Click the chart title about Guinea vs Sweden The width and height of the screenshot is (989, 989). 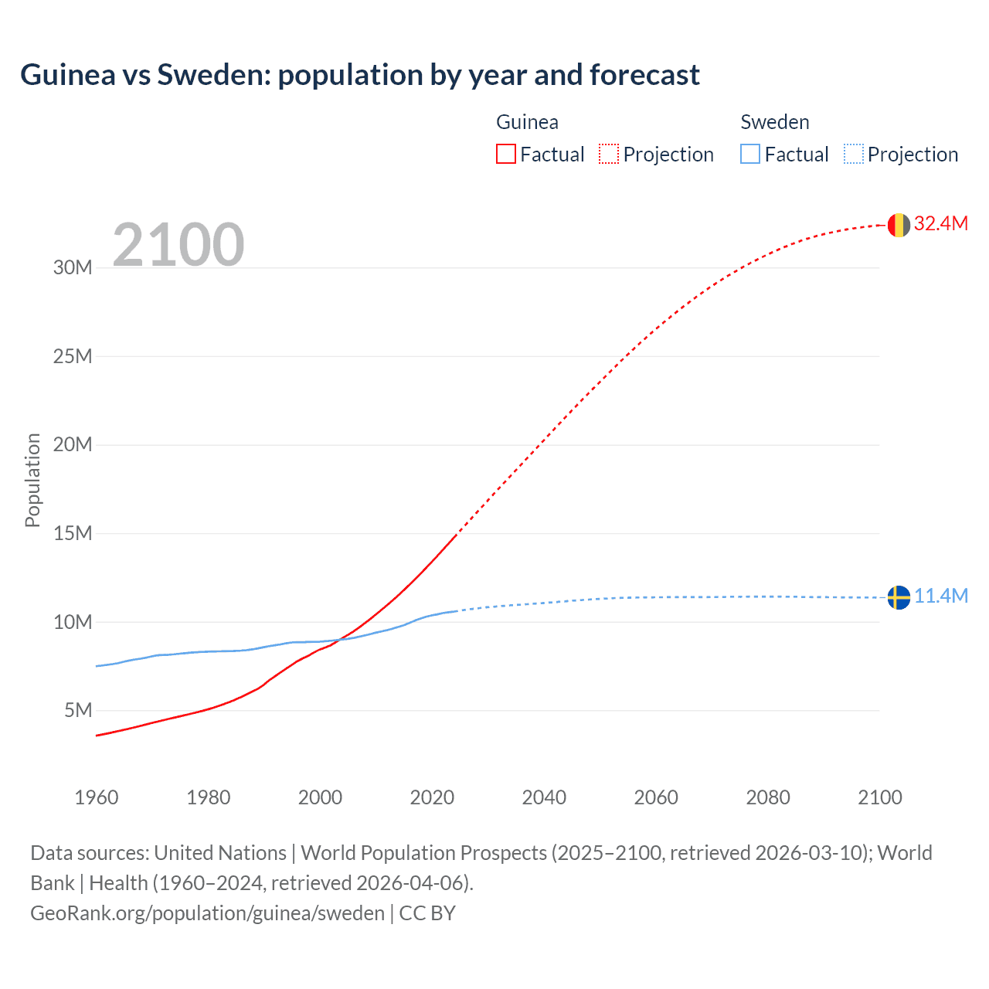[x=360, y=75]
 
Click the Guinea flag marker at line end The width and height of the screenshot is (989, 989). [x=899, y=225]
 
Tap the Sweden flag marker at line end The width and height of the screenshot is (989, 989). [x=899, y=597]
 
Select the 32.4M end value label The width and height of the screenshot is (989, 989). [x=940, y=223]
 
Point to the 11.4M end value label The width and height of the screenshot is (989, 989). [x=940, y=596]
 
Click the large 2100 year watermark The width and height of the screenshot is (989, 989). [x=178, y=245]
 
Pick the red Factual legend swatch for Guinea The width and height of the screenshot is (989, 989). [x=506, y=154]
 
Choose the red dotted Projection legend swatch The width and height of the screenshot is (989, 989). [x=609, y=154]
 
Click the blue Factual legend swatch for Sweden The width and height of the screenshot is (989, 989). [x=750, y=154]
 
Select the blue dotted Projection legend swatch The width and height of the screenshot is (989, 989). [x=854, y=154]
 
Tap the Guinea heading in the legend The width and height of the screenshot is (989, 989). [x=527, y=122]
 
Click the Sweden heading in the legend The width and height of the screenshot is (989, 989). [x=775, y=122]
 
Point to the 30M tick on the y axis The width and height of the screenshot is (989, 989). [x=73, y=268]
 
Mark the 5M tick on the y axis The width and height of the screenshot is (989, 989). [x=78, y=710]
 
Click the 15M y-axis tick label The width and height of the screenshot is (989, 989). [x=73, y=533]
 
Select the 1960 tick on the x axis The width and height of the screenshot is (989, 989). [x=97, y=797]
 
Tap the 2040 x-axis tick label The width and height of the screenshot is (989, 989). [x=544, y=797]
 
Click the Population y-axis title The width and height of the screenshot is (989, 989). [x=32, y=480]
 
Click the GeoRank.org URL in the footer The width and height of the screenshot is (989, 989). [x=207, y=913]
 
